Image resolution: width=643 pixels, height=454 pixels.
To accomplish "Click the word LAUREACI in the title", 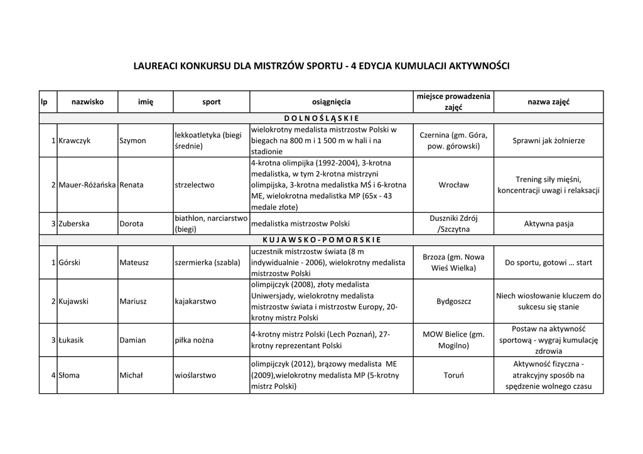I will point(156,65).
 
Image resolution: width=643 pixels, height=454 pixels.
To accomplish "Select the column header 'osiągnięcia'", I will point(331,102).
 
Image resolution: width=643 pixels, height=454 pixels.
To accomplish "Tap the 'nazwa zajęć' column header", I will point(548,102).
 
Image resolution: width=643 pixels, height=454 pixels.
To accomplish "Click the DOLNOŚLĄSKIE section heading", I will point(321,117).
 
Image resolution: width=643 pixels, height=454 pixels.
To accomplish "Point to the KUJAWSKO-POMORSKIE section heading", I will point(321,240).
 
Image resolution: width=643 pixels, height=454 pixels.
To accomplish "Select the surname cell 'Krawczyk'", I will point(74,140).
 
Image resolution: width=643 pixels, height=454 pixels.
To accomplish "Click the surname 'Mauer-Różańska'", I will point(87,185).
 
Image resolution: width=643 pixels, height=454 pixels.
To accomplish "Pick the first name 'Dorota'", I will point(132,224).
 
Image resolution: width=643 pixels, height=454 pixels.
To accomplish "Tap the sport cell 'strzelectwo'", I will point(195,185).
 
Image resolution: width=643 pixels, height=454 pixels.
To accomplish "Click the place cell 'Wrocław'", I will point(453,185).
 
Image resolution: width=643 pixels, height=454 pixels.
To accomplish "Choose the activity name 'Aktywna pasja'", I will point(548,224).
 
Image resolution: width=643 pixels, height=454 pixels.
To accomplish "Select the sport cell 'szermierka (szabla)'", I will point(208,263).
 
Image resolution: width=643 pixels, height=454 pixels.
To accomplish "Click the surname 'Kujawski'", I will point(73,301).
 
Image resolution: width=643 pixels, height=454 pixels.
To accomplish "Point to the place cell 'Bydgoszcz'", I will point(453,301).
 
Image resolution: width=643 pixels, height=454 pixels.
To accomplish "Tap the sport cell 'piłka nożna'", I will point(194,340).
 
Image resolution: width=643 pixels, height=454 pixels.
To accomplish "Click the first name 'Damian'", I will point(132,340).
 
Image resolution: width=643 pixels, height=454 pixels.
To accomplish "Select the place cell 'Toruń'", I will point(453,375).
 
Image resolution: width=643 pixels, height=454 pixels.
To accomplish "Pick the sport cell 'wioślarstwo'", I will point(195,375).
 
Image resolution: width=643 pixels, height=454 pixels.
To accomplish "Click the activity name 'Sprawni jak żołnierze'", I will point(548,140).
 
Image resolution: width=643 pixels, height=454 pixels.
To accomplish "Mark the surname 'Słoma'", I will point(69,375).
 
